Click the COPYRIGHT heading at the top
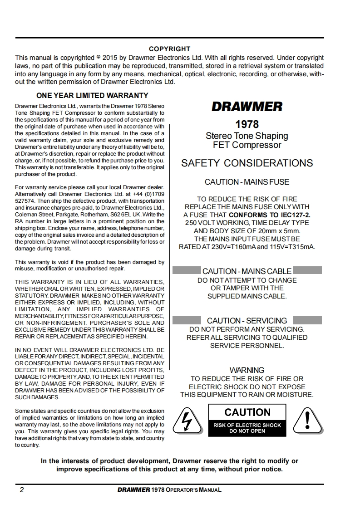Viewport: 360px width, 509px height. (170, 49)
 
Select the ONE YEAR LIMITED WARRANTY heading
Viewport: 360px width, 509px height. (92, 96)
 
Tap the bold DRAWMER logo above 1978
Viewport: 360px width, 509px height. (247, 107)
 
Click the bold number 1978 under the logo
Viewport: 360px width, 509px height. (247, 124)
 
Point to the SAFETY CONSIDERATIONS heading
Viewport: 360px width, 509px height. (247, 163)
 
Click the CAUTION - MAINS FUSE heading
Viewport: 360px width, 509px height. (247, 182)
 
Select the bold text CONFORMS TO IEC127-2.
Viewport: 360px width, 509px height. (270, 215)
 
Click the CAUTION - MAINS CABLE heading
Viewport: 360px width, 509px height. (247, 271)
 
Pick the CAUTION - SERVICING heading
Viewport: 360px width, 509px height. (247, 321)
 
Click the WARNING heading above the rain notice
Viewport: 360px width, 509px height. (247, 370)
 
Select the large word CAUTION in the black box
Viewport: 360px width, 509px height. (247, 412)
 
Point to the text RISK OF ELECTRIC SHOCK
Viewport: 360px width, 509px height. (247, 425)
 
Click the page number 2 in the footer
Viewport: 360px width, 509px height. (21, 490)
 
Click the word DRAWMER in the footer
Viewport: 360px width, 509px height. (133, 490)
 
